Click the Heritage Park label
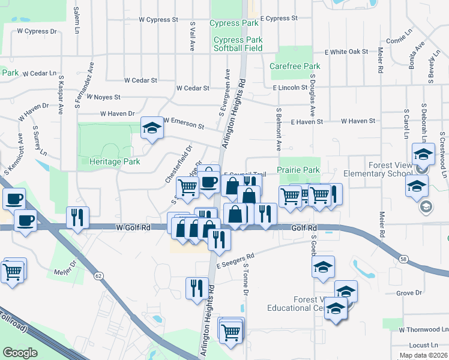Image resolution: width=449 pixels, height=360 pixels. (114, 162)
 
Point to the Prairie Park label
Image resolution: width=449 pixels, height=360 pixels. (298, 170)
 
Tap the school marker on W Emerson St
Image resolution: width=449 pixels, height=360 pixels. (151, 128)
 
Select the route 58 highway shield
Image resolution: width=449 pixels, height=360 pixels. (403, 258)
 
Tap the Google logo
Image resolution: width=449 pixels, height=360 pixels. (20, 352)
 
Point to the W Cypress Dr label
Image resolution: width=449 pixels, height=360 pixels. (37, 31)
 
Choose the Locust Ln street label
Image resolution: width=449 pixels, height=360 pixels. (423, 346)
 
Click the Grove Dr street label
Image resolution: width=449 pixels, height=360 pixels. (410, 293)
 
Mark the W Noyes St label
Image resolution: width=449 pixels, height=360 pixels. (103, 97)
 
